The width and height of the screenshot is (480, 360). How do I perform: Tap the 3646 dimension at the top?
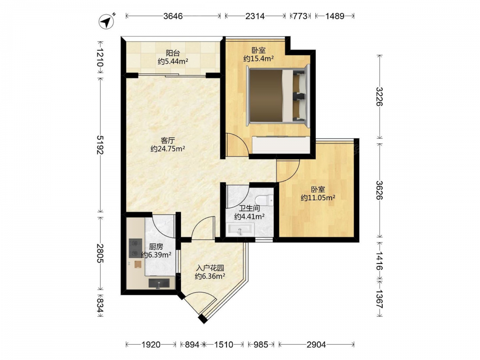173,16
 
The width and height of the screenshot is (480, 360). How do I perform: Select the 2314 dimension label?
255,16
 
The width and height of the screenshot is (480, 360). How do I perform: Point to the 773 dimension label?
300,16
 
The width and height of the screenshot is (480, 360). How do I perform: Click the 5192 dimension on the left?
100,144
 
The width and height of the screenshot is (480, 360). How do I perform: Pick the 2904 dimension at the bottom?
316,345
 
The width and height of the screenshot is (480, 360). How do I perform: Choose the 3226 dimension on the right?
380,96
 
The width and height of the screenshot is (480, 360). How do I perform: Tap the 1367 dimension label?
380,299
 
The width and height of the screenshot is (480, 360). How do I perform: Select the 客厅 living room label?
168,141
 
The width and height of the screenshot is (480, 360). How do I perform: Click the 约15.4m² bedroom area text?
258,59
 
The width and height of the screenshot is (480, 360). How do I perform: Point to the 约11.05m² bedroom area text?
318,198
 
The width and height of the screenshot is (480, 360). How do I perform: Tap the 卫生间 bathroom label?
250,208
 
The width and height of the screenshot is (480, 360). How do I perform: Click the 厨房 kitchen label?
156,246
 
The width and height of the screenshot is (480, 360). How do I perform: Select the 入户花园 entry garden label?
210,268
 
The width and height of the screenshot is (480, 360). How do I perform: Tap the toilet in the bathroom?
266,200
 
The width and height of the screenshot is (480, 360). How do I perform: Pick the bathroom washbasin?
241,228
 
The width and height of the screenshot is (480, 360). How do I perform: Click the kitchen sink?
159,283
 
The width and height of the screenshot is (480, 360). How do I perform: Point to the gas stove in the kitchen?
135,248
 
